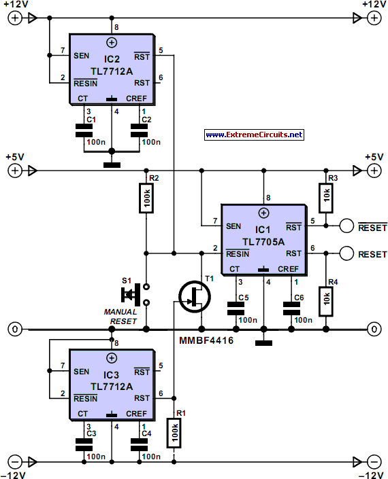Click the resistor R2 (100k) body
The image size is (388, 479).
point(146,198)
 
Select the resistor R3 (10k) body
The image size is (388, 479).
point(326,198)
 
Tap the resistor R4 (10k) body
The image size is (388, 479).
point(326,301)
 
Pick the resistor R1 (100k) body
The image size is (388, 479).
point(174,433)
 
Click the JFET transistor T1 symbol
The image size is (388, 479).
point(195,297)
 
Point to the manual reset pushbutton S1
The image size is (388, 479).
point(135,294)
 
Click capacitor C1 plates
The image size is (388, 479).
point(84,130)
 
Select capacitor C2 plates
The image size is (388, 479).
point(140,130)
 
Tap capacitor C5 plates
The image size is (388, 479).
point(236,308)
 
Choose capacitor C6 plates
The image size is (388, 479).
point(291,308)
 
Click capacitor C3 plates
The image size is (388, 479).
point(84,445)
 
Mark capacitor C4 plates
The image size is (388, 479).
point(140,445)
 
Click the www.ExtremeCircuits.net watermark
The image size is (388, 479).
point(254,135)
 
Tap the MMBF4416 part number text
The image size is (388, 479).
point(206,340)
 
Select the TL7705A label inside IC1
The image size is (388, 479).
point(263,242)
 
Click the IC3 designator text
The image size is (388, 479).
point(111,375)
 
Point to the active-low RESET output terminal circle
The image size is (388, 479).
point(346,226)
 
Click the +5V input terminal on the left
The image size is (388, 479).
point(15,171)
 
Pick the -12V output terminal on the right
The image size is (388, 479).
point(374,462)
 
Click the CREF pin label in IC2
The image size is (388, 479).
point(136,99)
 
